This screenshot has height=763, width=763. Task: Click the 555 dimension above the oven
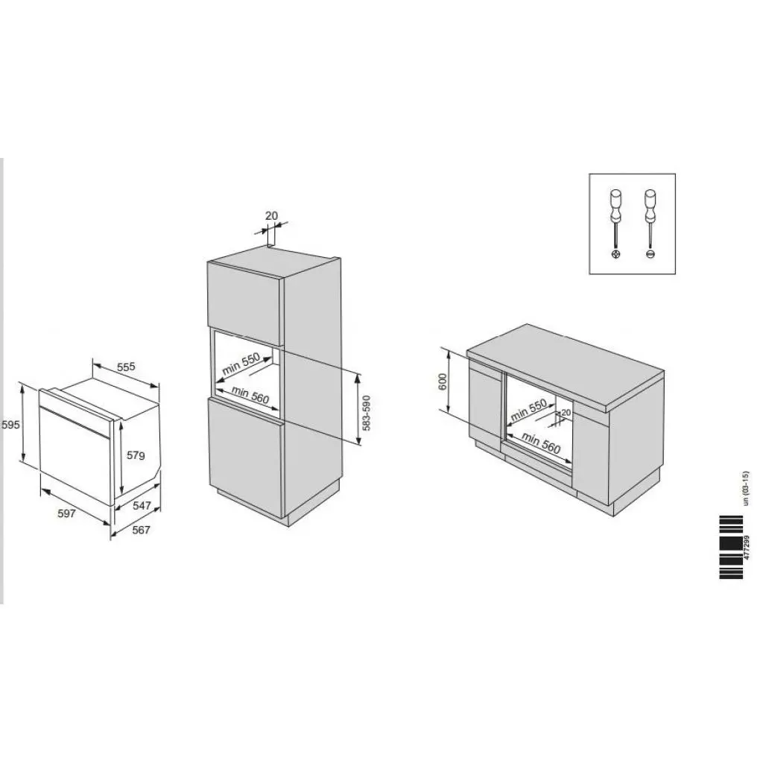[x=126, y=367]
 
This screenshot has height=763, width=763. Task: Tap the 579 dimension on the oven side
[x=135, y=455]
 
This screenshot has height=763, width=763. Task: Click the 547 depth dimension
[x=142, y=506]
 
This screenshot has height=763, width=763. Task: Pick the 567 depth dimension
[x=141, y=530]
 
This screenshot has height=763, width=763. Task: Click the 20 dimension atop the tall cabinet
[x=271, y=216]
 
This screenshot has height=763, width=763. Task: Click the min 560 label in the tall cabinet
[x=250, y=395]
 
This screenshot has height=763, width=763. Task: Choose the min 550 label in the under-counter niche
[x=528, y=411]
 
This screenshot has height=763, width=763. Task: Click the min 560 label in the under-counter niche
[x=541, y=443]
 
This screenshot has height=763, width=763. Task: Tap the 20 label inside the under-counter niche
[x=566, y=412]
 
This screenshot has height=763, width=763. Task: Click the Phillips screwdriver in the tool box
[x=616, y=224]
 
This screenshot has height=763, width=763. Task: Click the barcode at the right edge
[x=731, y=546]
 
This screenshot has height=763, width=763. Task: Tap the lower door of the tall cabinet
[x=245, y=455]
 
